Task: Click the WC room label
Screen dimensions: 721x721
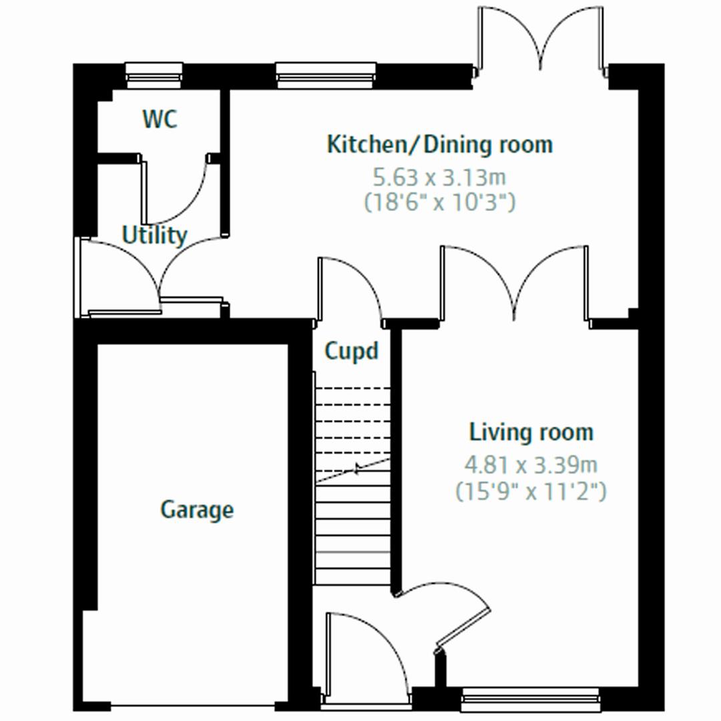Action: pos(160,120)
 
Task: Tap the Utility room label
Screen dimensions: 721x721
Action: pos(154,236)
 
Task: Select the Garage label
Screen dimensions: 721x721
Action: pos(197,510)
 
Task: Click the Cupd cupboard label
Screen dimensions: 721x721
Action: pos(351,351)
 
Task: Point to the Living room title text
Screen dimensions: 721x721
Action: pos(531,432)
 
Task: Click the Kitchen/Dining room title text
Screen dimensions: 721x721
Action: pos(439,144)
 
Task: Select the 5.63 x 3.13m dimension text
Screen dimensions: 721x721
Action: pos(439,178)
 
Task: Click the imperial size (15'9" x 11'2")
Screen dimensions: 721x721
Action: pos(531,492)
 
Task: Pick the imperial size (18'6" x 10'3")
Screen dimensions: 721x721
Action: pos(439,202)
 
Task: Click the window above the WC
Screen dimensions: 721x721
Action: pos(154,75)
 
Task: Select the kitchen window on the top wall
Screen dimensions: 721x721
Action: pos(325,75)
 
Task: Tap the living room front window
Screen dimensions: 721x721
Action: pos(531,700)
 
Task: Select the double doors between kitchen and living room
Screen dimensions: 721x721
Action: pos(514,284)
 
